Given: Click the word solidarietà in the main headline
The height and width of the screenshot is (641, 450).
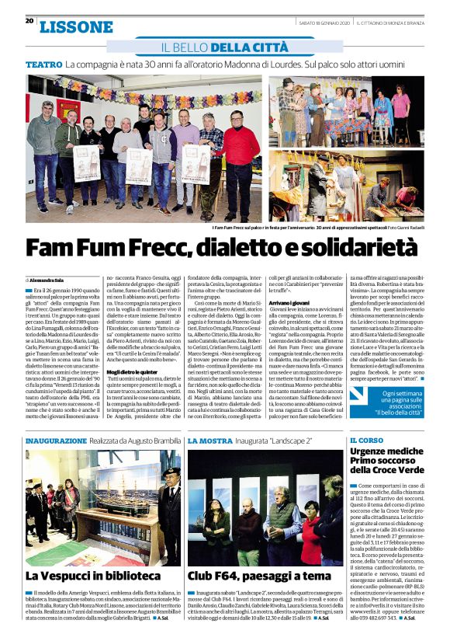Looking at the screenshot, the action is (x=356, y=249).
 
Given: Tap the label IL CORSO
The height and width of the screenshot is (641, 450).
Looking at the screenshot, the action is (x=366, y=441).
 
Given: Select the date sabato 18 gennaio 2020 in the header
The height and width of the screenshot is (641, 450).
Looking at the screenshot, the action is (x=324, y=22).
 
